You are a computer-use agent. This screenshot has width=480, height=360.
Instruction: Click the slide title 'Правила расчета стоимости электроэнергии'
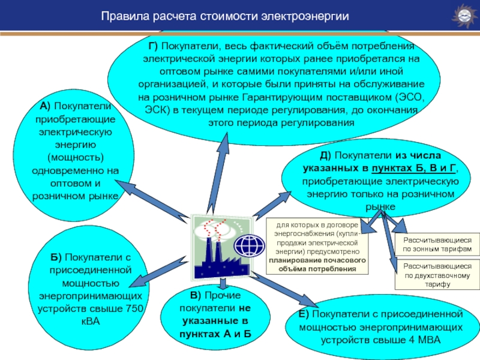tap(225, 16)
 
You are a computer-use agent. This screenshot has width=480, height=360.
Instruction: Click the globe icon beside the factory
tap(250, 245)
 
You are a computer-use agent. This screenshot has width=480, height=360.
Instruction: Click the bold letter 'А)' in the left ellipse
tap(45, 106)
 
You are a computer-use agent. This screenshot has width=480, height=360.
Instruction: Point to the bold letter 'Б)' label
tap(56, 257)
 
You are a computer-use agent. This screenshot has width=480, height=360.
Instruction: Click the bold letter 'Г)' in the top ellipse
tap(153, 46)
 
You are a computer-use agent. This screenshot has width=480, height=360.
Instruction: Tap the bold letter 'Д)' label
tap(325, 155)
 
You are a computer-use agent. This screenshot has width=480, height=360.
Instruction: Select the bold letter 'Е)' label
tap(304, 314)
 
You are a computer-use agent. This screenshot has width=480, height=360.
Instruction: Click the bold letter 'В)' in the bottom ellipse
tap(196, 295)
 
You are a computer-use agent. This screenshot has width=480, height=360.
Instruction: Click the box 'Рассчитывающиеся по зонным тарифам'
tap(437, 244)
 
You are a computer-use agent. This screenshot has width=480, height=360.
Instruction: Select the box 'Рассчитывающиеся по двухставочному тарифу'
tap(437, 275)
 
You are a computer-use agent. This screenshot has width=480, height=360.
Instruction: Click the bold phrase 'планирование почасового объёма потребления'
tap(317, 265)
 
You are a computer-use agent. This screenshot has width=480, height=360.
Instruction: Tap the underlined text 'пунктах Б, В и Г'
tap(413, 168)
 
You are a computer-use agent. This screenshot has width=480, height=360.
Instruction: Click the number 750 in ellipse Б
tap(134, 308)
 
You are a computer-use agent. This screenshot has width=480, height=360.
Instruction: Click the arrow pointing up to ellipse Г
tap(218, 173)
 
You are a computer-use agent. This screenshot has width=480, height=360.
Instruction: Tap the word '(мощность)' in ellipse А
tap(76, 157)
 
